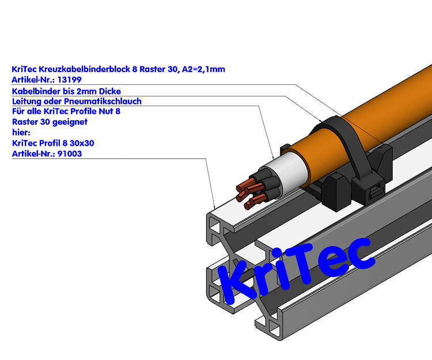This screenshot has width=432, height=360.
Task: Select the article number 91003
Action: point(69,154)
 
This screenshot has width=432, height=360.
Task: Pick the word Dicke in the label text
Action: point(109,91)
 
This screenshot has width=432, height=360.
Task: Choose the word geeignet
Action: point(70,122)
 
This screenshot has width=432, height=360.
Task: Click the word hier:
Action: point(21,132)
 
